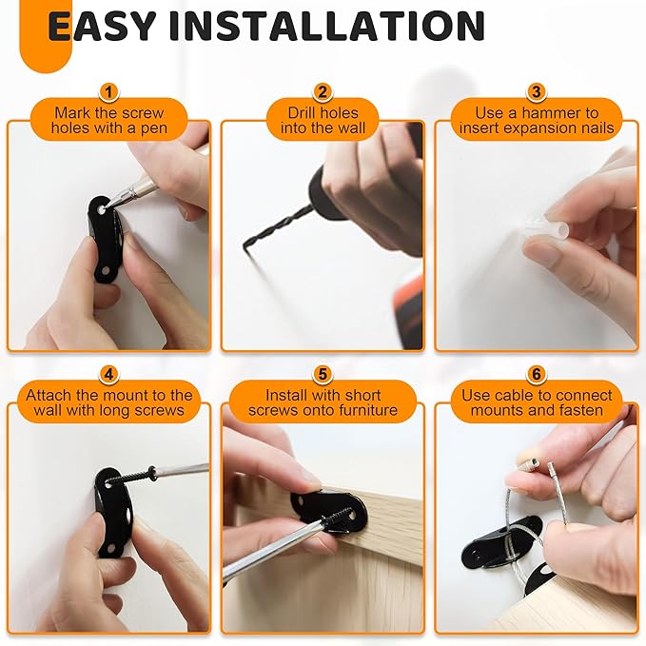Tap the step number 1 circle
coord(109,92)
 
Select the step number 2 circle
coord(323,92)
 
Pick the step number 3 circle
coord(536,92)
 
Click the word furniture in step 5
coord(365,411)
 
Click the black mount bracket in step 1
coord(102,234)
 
